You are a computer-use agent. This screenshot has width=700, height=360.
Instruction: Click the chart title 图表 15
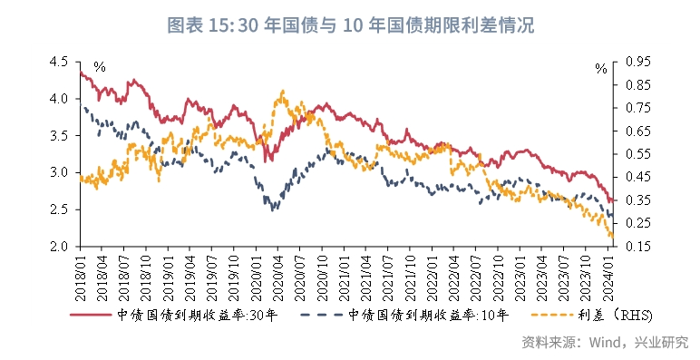pyautogui.click(x=350, y=24)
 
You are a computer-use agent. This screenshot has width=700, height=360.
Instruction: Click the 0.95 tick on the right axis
pyautogui.click(x=638, y=62)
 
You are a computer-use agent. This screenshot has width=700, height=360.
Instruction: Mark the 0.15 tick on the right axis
pyautogui.click(x=638, y=246)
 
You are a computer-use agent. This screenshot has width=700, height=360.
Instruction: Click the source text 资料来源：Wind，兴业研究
pyautogui.click(x=605, y=343)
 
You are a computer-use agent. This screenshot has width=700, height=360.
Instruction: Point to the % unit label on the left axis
pyautogui.click(x=99, y=67)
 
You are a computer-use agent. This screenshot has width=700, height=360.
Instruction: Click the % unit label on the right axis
pyautogui.click(x=600, y=67)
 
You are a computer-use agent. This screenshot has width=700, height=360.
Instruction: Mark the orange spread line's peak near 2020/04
pyautogui.click(x=283, y=91)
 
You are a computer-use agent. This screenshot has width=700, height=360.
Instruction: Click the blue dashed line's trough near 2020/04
pyautogui.click(x=275, y=209)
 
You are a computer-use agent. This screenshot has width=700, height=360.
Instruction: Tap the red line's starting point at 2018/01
pyautogui.click(x=81, y=73)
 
